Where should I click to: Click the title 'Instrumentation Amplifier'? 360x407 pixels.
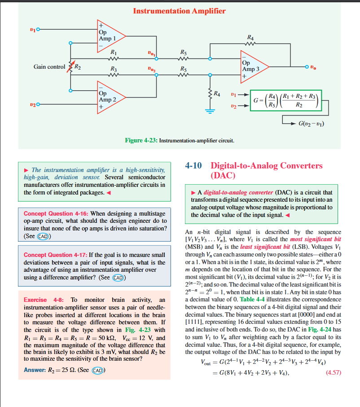(179, 11)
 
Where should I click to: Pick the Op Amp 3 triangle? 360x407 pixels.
(252, 66)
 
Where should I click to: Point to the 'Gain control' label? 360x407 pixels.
(49, 67)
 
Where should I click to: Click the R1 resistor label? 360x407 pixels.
(114, 52)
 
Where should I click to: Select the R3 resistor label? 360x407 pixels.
(114, 70)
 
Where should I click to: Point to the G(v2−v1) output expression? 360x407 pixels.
(311, 123)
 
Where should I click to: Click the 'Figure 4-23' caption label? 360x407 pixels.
(140, 141)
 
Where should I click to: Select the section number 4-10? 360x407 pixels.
(194, 166)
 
